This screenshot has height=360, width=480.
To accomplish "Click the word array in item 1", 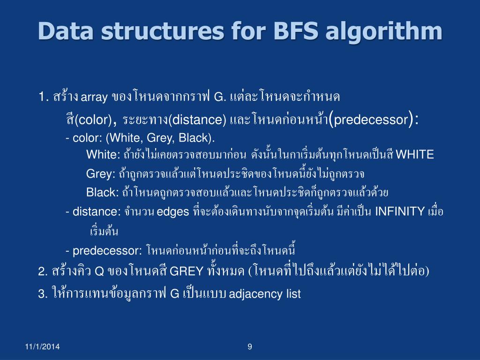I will tap(95, 98).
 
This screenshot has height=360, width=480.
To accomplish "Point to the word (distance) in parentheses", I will tap(198, 120).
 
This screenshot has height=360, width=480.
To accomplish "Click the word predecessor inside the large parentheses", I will tap(371, 120).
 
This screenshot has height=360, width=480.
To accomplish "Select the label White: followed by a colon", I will tap(104, 155).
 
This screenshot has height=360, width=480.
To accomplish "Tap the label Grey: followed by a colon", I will tap(101, 174).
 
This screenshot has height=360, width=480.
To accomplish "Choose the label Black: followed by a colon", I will tap(103, 193).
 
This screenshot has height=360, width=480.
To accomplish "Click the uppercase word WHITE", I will tap(415, 155).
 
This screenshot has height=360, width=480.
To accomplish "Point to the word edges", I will tap(172, 212).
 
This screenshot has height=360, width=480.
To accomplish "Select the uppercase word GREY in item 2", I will tap(186, 272).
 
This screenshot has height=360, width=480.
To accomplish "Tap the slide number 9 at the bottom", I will tap(249, 347).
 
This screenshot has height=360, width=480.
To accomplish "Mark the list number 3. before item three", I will tap(43, 294).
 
